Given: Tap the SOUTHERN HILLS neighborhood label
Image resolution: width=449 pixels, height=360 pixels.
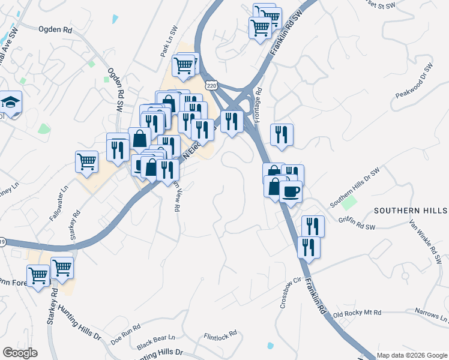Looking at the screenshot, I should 411,211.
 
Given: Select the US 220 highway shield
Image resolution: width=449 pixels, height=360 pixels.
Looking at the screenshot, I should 211,86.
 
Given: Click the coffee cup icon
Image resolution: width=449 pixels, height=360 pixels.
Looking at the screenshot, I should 291,191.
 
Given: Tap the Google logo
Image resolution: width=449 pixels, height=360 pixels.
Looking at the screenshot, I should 20,353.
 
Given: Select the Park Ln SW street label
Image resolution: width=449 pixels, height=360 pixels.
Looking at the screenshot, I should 169,41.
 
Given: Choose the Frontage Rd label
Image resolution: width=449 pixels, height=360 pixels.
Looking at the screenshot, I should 258,106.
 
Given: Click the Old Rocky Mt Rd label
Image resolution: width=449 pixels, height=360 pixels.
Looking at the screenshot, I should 357,314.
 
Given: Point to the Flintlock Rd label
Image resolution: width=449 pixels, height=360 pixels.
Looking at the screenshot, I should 220,337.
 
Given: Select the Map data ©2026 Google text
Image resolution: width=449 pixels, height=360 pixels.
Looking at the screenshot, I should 412,355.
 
